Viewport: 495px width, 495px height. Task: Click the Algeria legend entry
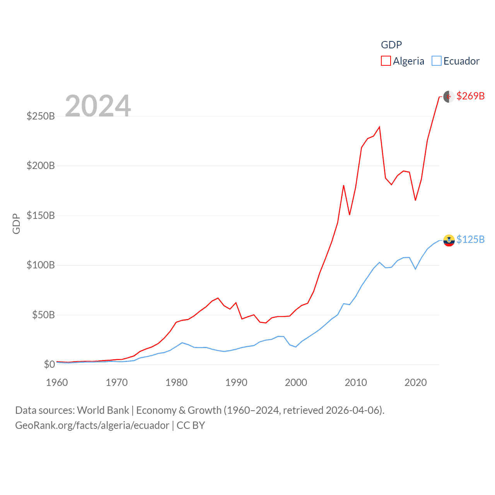point(403,61)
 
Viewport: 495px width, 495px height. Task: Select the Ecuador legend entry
point(456,61)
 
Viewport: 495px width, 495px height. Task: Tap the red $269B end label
point(470,96)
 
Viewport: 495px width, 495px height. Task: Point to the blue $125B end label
point(470,239)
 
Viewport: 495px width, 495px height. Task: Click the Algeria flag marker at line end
point(449,97)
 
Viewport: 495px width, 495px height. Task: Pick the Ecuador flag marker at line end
point(449,240)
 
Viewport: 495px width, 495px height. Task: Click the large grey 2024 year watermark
point(98,106)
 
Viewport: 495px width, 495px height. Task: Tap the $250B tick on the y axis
point(41,116)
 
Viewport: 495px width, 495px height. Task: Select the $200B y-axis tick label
point(41,166)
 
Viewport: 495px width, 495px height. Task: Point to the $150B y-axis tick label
point(41,215)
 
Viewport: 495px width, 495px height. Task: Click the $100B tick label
point(41,265)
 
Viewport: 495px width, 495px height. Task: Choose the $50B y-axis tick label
point(43,315)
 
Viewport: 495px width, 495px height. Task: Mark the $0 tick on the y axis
point(49,364)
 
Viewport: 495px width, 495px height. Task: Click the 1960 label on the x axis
point(57,382)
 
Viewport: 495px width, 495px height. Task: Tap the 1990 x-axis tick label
point(236,382)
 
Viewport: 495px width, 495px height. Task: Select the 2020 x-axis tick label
point(416,382)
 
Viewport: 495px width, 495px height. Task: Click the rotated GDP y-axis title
point(16,224)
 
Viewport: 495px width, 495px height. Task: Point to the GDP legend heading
point(391,45)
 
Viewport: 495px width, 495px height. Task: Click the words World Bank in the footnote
point(103,410)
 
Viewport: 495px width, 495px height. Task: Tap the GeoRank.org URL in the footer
point(92,425)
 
